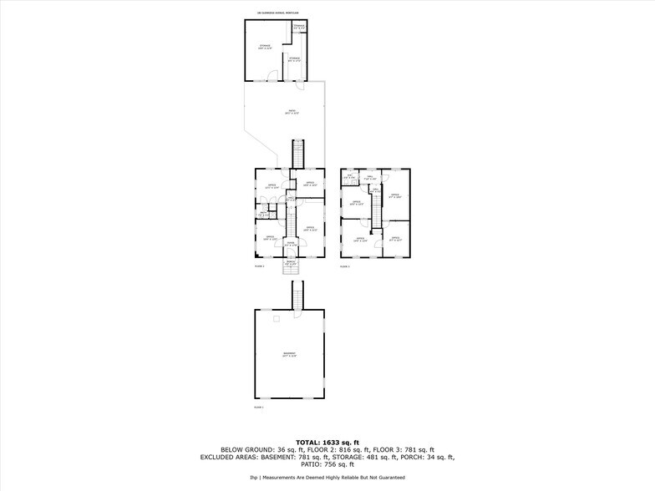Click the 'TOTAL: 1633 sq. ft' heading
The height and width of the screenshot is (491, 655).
pyautogui.click(x=327, y=442)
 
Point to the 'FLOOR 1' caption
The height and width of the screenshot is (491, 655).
pyautogui.click(x=259, y=407)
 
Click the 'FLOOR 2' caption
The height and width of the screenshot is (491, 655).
pyautogui.click(x=259, y=266)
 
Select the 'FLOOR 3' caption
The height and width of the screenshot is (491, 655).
pyautogui.click(x=344, y=266)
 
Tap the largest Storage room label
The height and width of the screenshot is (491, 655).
pyautogui.click(x=264, y=46)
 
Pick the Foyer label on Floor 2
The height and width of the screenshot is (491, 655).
pyautogui.click(x=290, y=244)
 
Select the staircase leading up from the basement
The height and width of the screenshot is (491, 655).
pyautogui.click(x=297, y=294)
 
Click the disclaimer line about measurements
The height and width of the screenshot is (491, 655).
pyautogui.click(x=327, y=477)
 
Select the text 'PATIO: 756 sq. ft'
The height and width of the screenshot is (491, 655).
pyautogui.click(x=327, y=464)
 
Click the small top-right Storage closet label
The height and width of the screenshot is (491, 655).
pyautogui.click(x=298, y=28)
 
